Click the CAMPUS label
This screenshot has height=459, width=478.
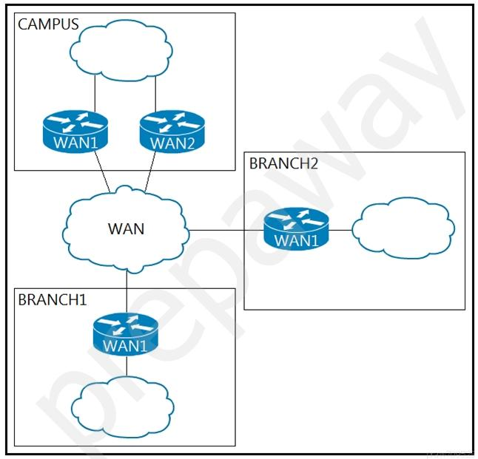(x=48, y=24)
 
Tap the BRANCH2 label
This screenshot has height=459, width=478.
(x=283, y=163)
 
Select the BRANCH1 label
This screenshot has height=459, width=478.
(x=53, y=299)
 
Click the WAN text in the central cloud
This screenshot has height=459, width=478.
(x=126, y=228)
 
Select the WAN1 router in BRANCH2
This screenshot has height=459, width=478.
(x=296, y=228)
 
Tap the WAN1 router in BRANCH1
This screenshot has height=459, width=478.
(x=126, y=334)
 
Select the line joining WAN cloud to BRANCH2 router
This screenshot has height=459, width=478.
(x=226, y=231)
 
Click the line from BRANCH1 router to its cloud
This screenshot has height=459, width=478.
(x=126, y=367)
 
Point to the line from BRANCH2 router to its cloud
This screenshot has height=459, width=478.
(x=340, y=230)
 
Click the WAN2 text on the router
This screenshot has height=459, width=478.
(x=172, y=143)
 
